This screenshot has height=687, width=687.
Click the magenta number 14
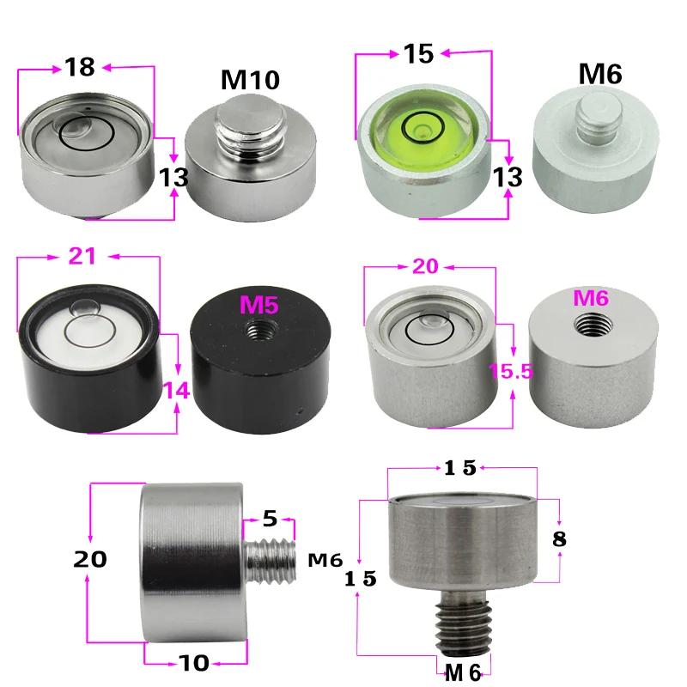178,391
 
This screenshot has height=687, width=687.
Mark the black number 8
560,539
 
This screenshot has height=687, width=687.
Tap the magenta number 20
431,267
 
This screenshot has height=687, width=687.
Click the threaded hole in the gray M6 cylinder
591,324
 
